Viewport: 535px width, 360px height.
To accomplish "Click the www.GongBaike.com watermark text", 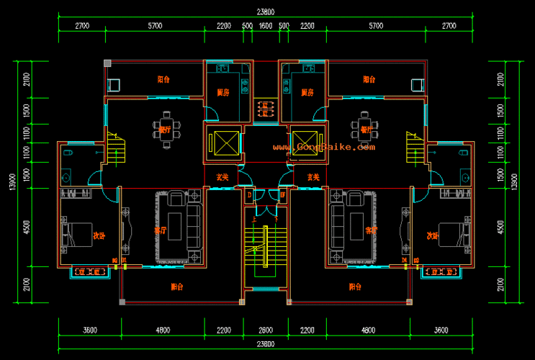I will click(323, 147).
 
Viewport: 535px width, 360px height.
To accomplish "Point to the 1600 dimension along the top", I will click(265, 26).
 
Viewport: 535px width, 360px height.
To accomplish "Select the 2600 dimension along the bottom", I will click(265, 330).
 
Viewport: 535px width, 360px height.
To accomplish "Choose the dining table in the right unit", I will click(364, 130).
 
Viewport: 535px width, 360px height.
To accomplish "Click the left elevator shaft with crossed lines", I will click(224, 142).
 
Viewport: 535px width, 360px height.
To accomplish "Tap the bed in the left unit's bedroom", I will click(76, 234).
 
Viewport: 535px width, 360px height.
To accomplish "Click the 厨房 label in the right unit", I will click(307, 92).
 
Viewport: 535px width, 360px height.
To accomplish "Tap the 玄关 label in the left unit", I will click(222, 176).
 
